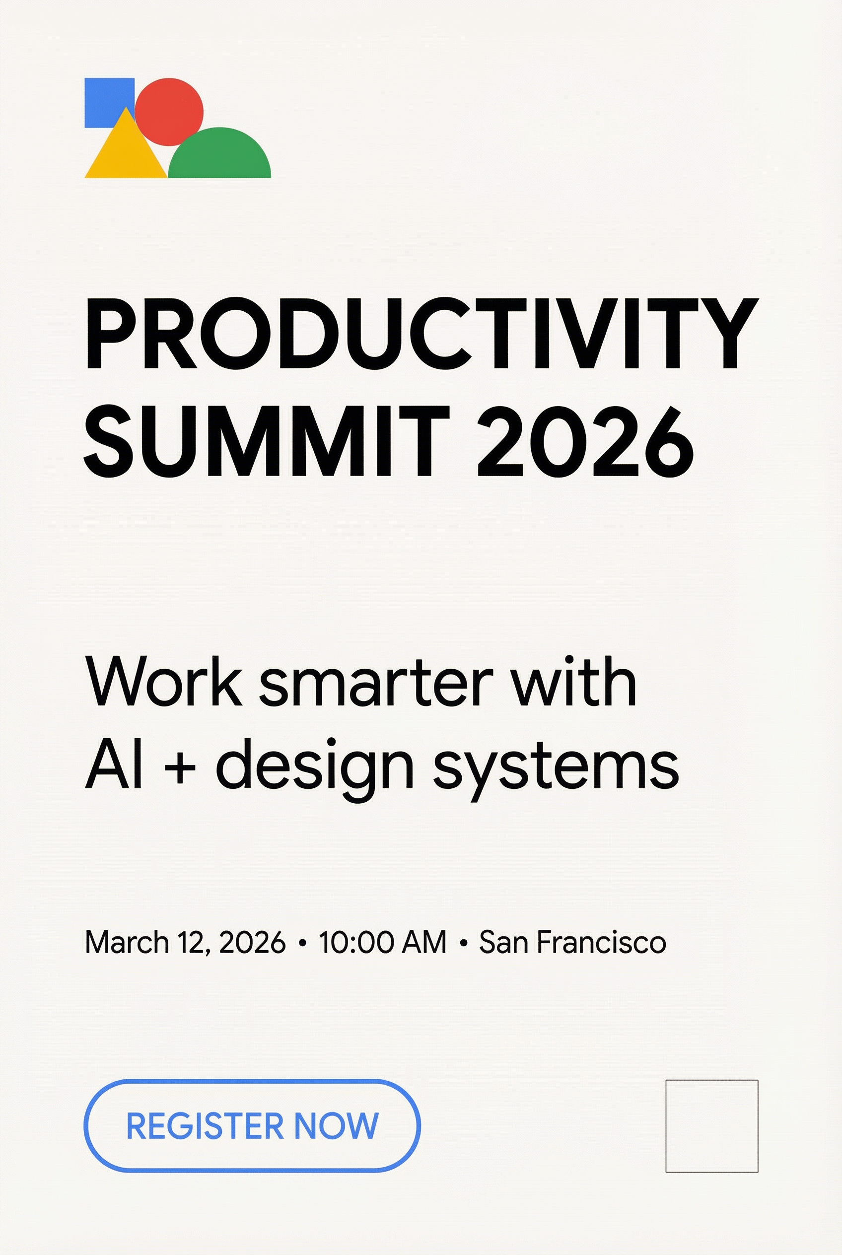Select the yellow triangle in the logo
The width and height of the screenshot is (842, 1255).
tap(125, 153)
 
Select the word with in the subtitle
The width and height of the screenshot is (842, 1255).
tap(573, 681)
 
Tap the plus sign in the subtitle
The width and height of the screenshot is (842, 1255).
tap(180, 767)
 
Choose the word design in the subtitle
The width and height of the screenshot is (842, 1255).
tap(315, 768)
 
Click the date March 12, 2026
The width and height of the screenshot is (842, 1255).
tap(185, 942)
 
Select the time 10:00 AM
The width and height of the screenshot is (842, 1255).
tap(382, 942)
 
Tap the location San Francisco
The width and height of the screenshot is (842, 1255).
tap(572, 942)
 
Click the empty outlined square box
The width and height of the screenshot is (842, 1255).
tap(711, 1126)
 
